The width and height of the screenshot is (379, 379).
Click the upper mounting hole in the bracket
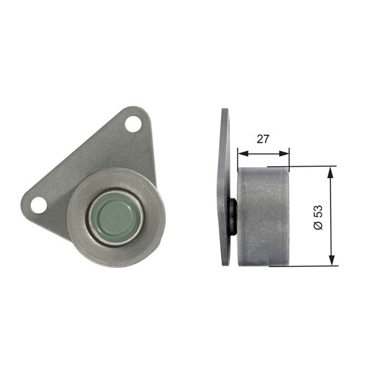(x=133, y=124)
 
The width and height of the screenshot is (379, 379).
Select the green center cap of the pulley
(x=115, y=217)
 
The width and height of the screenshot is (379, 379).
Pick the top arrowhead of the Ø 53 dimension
(x=330, y=171)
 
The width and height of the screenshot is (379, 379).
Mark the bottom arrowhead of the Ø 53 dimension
(x=330, y=261)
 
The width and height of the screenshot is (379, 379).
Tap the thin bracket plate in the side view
(x=224, y=189)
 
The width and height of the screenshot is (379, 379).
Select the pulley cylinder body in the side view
(x=262, y=216)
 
